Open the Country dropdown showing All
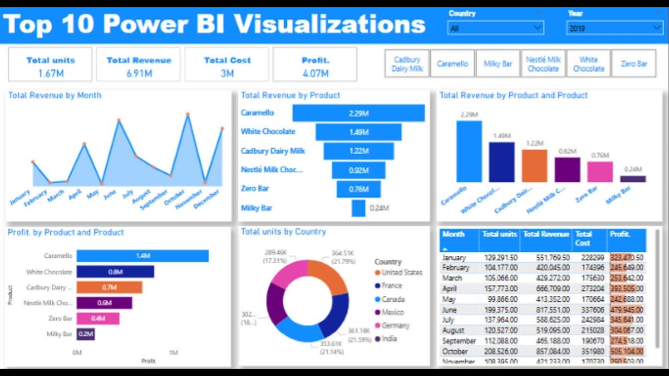coord(495,28)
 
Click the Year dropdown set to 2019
coord(614,28)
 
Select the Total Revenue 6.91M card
coord(139,65)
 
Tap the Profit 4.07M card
coord(315,65)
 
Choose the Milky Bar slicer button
coord(498,64)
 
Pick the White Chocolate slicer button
coord(588,64)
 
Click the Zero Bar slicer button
coord(633,64)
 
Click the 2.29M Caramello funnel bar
coord(359,113)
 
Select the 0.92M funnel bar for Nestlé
coord(359,170)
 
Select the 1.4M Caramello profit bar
coord(142,256)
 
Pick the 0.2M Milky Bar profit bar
coord(86,334)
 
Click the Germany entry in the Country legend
coord(395,325)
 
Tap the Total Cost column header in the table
coord(589,239)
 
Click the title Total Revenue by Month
coord(55,96)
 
